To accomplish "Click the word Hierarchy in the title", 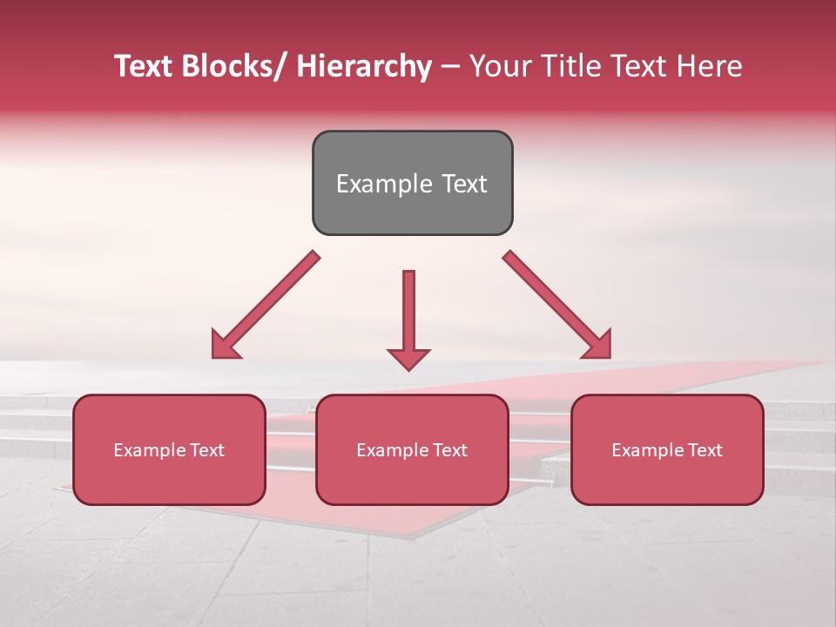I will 364,66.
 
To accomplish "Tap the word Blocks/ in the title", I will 233,66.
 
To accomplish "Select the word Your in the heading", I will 500,66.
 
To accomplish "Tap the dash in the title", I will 450,68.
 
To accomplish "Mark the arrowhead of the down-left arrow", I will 224,346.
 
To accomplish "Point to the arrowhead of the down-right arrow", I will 598,346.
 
